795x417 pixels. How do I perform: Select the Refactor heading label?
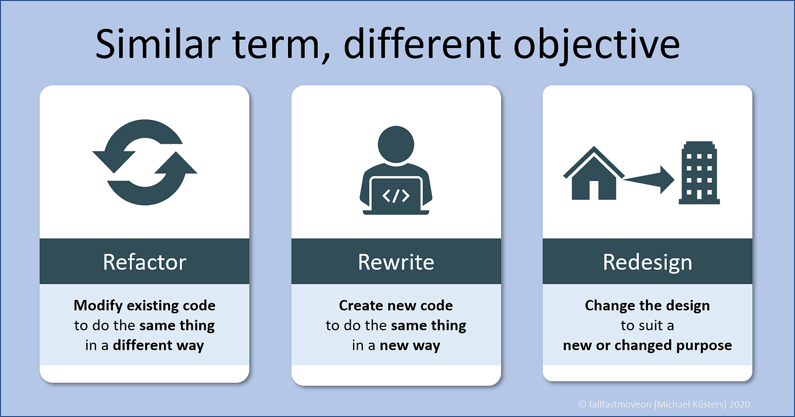coord(145,262)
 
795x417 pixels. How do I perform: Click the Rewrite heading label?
coord(396,262)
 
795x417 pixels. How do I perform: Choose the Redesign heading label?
coord(647,262)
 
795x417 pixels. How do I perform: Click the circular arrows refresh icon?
coord(145,163)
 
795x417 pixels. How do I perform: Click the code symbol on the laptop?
coord(396,196)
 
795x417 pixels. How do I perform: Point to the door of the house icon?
coord(594,190)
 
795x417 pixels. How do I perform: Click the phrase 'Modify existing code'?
coord(145,306)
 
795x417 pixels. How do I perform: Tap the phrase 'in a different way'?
coord(145,346)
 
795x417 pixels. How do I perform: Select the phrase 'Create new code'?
coord(396,306)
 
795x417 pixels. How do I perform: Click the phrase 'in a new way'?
coord(396,346)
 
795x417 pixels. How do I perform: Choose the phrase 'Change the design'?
coord(647,306)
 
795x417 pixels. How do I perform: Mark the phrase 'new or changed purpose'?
coord(647,346)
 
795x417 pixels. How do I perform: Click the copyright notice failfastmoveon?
coord(664,404)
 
